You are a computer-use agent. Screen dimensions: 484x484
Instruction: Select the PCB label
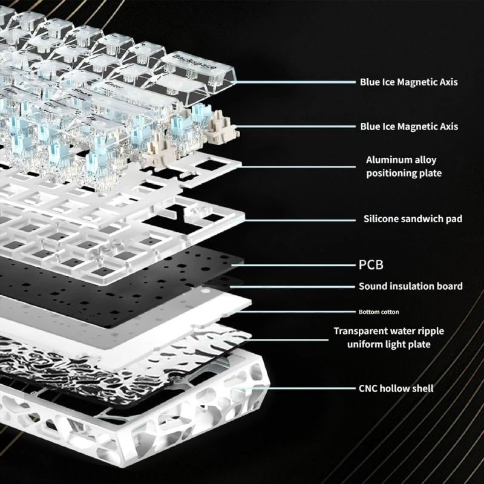coord(371,265)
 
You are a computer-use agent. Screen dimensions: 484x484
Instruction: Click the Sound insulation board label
coord(411,286)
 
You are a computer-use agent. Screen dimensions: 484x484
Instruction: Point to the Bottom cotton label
coord(379,312)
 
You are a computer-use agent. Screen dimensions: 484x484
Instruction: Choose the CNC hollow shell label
coord(396,388)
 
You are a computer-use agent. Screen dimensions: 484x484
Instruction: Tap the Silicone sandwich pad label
coord(413,219)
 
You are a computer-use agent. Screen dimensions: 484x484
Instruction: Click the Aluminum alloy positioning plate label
coord(404,166)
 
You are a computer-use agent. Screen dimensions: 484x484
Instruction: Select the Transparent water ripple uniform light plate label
coord(389,338)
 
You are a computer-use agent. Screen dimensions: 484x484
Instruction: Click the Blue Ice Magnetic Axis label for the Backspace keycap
coord(409,82)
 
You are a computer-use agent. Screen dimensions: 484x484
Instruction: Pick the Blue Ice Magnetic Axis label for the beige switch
coord(409,126)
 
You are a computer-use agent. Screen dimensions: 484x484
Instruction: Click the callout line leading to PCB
coord(293,265)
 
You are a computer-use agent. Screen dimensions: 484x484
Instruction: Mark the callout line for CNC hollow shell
coord(293,388)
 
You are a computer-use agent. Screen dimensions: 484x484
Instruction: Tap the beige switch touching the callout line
coord(222,126)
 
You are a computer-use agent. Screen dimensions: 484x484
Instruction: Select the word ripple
coord(431,332)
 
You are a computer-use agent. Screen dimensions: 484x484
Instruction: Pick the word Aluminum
coord(385,160)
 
